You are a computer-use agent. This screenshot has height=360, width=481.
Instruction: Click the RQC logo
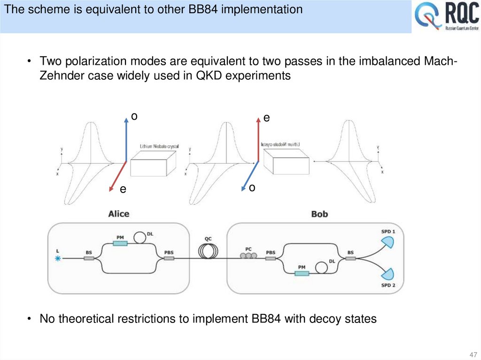446,17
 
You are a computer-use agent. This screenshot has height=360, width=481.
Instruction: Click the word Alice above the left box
118,214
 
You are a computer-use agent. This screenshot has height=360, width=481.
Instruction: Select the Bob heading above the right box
319,214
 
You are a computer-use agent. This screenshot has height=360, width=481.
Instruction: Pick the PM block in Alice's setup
120,243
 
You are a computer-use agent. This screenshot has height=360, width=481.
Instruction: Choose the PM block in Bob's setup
302,273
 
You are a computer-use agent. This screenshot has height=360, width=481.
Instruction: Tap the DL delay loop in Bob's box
322,268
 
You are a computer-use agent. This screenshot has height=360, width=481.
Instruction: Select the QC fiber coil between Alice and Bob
208,252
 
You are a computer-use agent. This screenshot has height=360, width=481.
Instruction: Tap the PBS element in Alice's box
169,258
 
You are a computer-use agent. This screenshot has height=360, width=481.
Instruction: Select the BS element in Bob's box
350,258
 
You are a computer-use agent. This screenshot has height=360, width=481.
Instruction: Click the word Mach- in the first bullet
439,61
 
